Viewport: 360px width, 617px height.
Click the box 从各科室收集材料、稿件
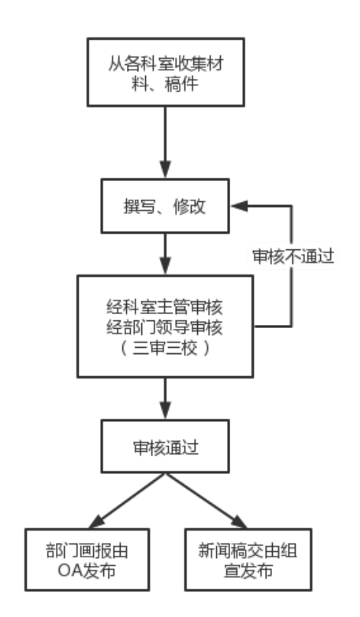point(166,72)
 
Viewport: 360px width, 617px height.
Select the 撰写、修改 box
point(165,206)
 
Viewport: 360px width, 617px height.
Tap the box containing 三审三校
point(165,326)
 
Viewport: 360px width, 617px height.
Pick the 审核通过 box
point(165,447)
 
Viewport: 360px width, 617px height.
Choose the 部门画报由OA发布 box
point(87,560)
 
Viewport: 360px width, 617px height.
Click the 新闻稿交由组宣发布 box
point(248,560)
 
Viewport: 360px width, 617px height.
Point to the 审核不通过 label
point(293,256)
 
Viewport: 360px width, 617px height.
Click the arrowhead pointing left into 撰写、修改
point(239,206)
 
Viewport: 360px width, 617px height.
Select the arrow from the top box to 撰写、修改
point(166,142)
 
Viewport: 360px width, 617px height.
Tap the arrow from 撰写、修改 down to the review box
point(166,254)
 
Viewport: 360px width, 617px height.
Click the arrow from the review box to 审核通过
point(166,398)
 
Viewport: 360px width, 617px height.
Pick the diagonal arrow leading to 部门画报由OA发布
point(127,500)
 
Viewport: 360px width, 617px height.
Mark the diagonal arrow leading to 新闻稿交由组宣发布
point(206,500)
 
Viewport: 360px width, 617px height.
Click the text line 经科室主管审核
point(165,307)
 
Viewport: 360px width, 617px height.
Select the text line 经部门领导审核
point(165,327)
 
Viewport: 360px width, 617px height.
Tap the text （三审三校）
point(165,348)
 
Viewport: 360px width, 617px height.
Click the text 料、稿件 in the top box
point(165,83)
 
